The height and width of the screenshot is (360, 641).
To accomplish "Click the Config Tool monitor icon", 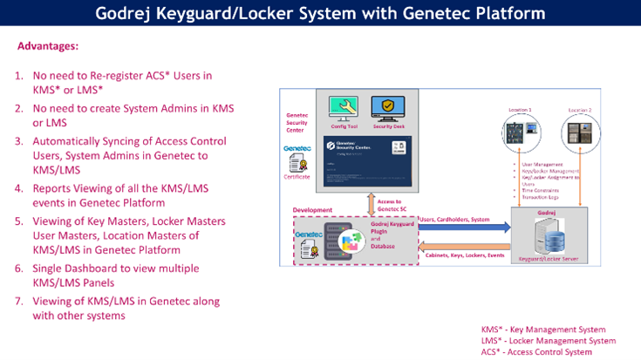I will point(341,108).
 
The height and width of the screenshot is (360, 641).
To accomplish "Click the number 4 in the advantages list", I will point(18,187).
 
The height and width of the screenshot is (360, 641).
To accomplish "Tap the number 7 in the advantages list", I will point(18,301).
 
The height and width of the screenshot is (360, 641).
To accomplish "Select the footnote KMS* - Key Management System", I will point(543,329).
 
